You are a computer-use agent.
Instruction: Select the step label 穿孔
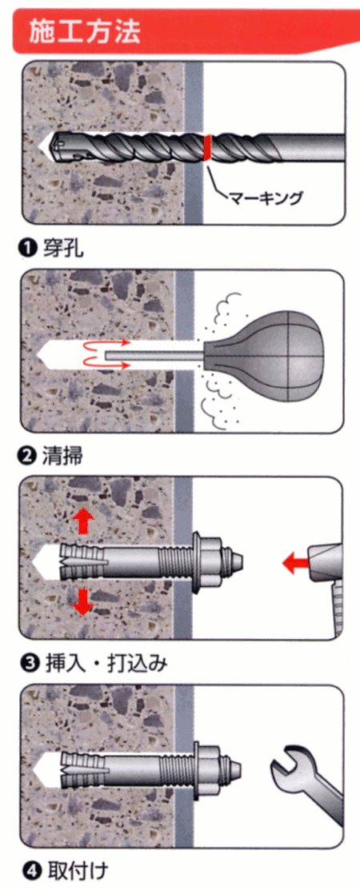click(x=62, y=248)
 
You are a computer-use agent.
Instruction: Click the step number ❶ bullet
click(x=29, y=249)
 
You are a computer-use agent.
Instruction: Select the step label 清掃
click(x=62, y=457)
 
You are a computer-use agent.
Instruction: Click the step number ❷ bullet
click(x=29, y=457)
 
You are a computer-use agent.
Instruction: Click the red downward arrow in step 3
click(x=83, y=602)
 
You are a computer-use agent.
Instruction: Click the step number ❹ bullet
click(x=29, y=869)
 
